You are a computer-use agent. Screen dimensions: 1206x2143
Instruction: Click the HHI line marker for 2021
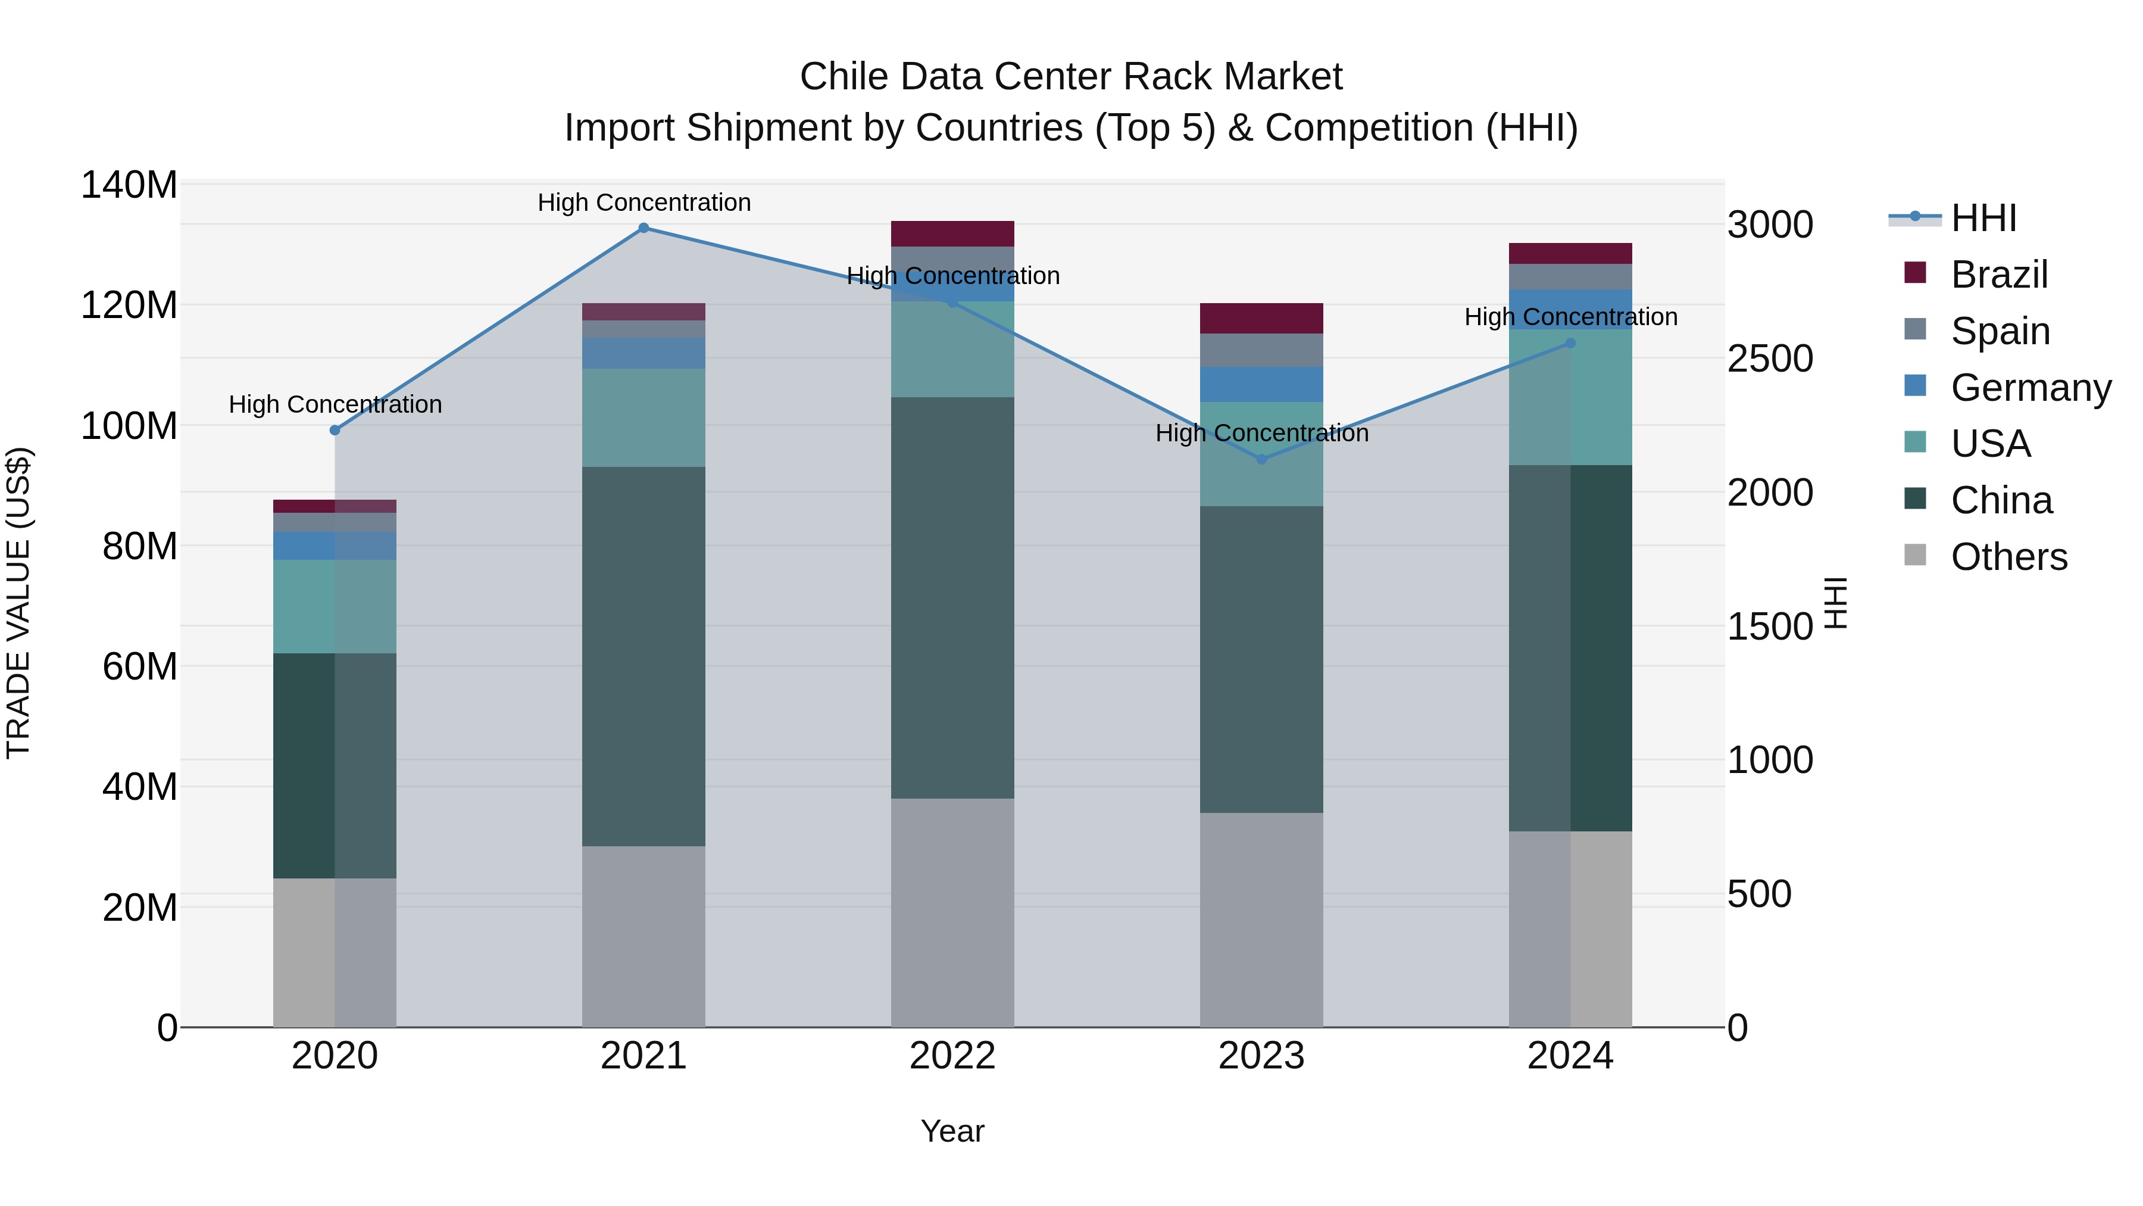point(643,228)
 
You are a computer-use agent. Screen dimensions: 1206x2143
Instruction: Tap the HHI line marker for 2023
point(1261,459)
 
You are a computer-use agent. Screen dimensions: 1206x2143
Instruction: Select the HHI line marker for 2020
point(335,431)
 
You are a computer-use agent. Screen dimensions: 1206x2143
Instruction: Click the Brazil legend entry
point(1998,275)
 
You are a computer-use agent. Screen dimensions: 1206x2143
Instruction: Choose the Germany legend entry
point(2030,388)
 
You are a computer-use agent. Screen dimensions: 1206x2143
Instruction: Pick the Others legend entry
point(2008,557)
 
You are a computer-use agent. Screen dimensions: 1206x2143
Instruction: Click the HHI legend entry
point(1983,218)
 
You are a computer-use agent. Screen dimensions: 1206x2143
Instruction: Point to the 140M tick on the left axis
point(129,185)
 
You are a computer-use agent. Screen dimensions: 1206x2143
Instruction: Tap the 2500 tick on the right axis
point(1770,359)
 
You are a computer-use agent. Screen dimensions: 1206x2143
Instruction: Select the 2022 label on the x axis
point(952,1056)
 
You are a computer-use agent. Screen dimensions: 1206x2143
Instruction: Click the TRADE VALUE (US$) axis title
point(18,603)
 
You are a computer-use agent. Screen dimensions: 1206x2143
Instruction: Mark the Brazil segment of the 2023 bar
point(1261,319)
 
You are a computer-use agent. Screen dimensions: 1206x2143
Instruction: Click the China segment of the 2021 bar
point(643,657)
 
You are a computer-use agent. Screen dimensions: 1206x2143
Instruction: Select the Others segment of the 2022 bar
point(952,912)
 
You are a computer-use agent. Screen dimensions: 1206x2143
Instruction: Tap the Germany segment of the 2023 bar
point(1261,385)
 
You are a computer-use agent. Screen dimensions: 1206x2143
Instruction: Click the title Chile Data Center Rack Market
point(1071,77)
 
